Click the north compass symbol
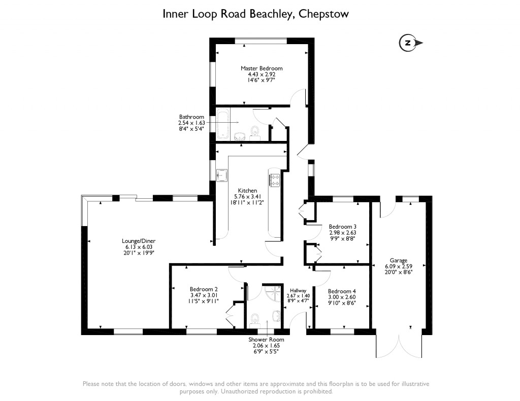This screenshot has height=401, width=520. [x=408, y=43]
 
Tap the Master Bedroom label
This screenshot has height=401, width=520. [x=262, y=68]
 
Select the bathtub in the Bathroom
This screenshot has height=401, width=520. [x=223, y=123]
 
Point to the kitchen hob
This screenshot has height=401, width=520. [x=274, y=180]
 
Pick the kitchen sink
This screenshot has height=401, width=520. [x=221, y=174]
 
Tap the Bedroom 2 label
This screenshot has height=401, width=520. [x=204, y=289]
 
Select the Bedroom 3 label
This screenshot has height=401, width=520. [x=342, y=226]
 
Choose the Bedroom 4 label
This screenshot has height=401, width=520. [x=342, y=291]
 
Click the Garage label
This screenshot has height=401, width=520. [x=399, y=260]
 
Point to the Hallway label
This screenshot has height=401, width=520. [x=299, y=289]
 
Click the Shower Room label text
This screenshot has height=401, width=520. [x=266, y=340]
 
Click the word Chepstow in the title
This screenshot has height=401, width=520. [x=323, y=14]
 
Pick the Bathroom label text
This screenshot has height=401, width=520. [x=191, y=117]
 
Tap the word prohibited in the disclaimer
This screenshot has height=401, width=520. [x=317, y=392]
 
